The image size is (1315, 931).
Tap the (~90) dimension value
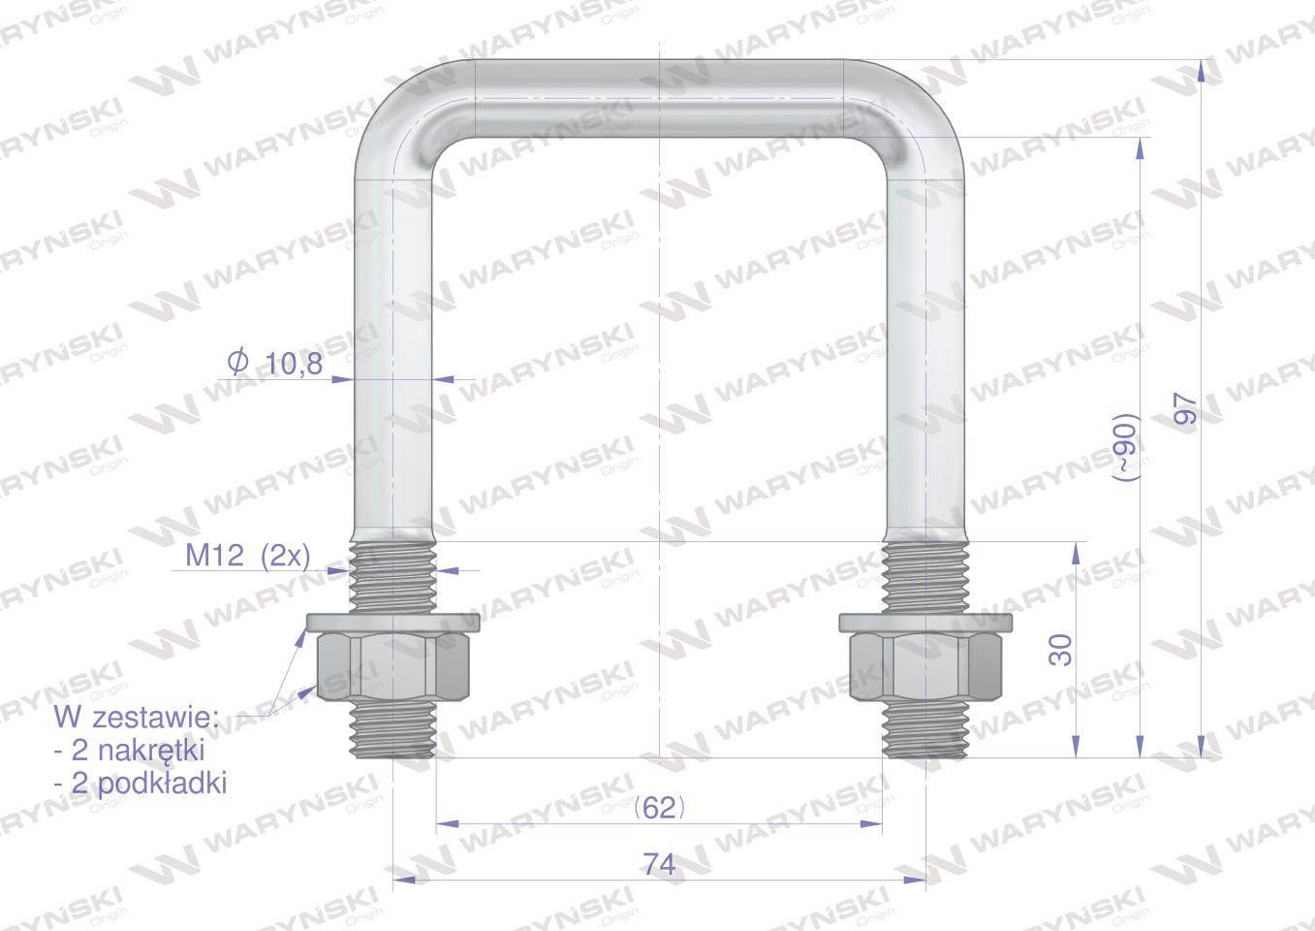(x=1126, y=448)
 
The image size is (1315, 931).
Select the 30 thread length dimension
(x=1060, y=650)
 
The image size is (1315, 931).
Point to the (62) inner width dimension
(x=660, y=809)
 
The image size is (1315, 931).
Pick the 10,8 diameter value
(x=295, y=365)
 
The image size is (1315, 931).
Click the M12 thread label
(x=214, y=555)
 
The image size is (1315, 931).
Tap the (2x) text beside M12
(x=285, y=556)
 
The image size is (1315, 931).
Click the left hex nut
(x=393, y=666)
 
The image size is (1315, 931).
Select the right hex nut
(x=925, y=666)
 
